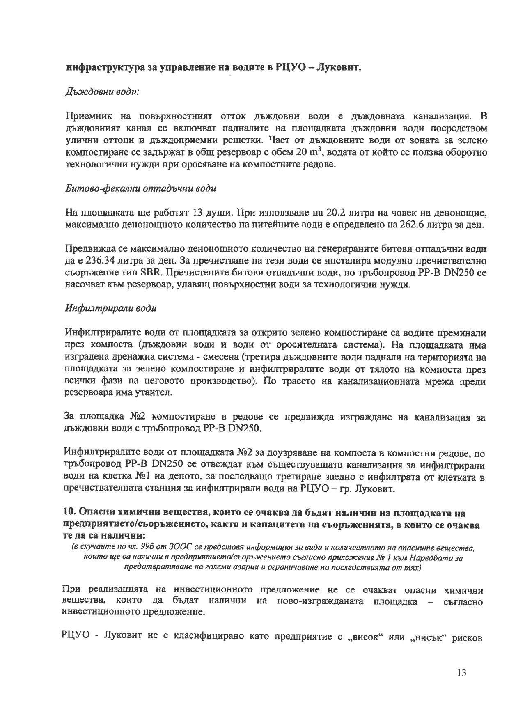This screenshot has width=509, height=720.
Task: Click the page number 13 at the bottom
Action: point(461,673)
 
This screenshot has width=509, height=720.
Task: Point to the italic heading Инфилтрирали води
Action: point(111,308)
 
